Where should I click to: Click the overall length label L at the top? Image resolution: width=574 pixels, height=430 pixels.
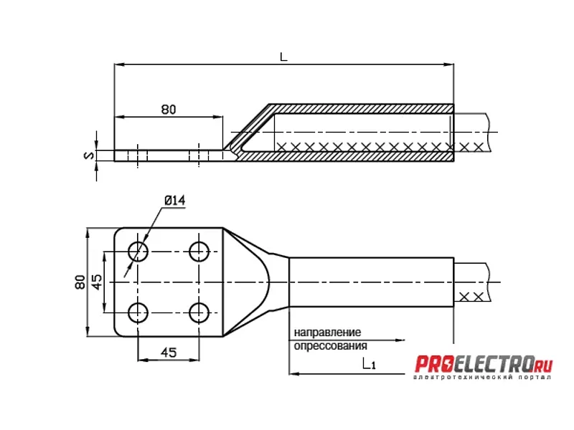(x=283, y=57)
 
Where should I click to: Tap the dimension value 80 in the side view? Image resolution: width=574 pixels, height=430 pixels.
(x=169, y=110)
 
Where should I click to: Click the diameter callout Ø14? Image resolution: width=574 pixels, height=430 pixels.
(x=174, y=200)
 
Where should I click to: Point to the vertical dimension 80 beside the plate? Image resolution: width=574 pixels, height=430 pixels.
(x=80, y=282)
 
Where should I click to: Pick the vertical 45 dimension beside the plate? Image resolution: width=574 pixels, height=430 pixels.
(x=97, y=282)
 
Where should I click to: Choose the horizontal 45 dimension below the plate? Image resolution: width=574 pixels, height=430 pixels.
(x=169, y=353)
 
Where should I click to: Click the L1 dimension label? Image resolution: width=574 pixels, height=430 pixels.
(x=369, y=364)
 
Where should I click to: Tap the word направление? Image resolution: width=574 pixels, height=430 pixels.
(x=327, y=333)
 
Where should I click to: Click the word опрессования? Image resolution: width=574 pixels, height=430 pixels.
(x=330, y=345)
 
